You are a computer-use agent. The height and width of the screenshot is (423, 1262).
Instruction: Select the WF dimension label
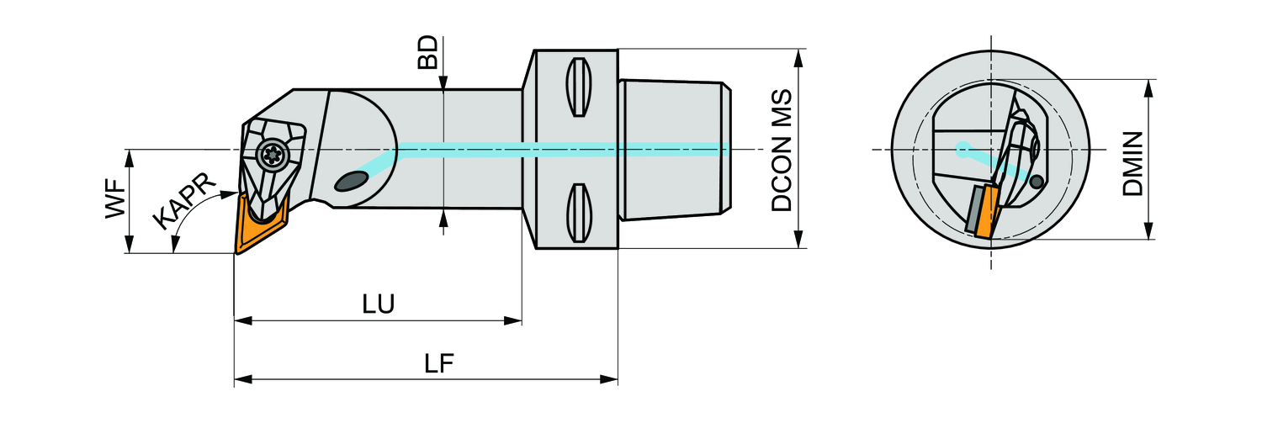115,200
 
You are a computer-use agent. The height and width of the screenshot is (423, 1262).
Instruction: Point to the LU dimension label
379,304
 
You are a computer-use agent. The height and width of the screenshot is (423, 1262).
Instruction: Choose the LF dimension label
438,364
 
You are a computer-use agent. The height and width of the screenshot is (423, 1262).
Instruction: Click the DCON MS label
782,149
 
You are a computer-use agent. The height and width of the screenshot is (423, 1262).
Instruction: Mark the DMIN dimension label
1133,163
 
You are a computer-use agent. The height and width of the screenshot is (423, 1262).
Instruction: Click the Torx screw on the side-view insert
271,155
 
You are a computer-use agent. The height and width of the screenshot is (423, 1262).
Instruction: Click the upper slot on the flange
576,87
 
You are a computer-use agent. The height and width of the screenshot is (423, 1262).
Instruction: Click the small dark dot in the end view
1037,181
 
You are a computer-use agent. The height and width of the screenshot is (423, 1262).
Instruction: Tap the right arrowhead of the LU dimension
515,320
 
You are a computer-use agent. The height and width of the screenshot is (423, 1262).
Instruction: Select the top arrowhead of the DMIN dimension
1148,86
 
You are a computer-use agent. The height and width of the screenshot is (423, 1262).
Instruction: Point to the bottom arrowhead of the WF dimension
129,246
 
